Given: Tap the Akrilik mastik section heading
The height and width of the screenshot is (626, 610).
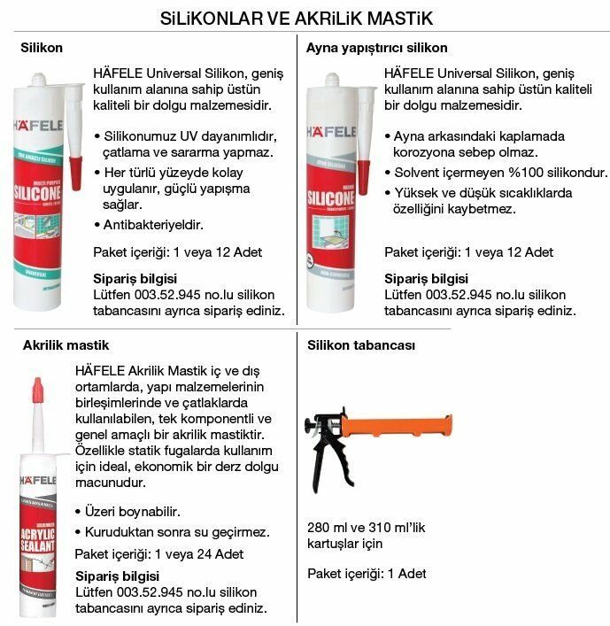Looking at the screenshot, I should click(x=66, y=344).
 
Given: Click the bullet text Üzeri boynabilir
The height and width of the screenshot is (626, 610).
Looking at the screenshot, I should click(x=133, y=512).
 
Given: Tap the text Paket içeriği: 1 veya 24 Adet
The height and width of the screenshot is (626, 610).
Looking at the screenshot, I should click(x=159, y=554).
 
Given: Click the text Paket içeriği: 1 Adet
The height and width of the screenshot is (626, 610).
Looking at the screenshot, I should click(x=367, y=574).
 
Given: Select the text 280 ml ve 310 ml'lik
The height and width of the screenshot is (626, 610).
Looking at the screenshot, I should click(x=367, y=527).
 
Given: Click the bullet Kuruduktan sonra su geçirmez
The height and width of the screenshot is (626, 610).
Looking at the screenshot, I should click(x=177, y=533).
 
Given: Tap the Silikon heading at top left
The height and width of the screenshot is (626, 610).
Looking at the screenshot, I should click(x=42, y=48).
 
